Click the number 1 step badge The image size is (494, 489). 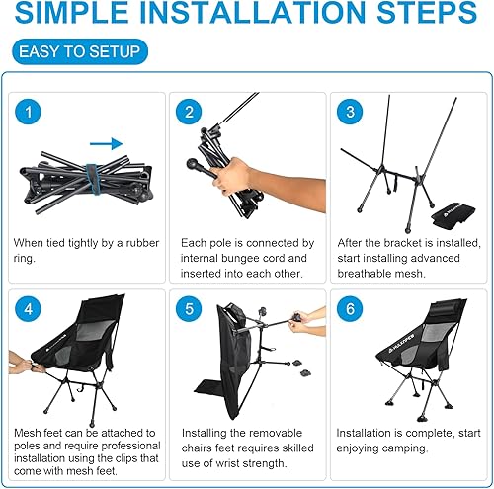[x=30, y=112]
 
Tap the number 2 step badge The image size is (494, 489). [x=190, y=112]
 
